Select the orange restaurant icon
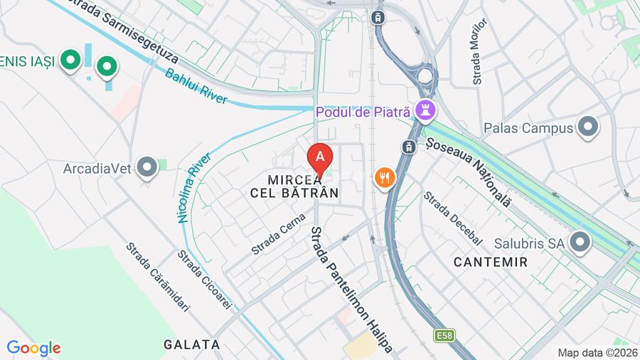tap(385, 177)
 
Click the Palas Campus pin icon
tap(588, 127)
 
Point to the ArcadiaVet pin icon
tap(147, 168)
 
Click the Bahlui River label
tap(196, 86)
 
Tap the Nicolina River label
tap(194, 188)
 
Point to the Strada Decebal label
tap(452, 218)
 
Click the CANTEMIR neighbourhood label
tap(491, 262)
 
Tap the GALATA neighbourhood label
tap(192, 344)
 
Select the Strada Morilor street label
tap(479, 51)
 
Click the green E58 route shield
tap(444, 334)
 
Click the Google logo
tap(33, 349)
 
